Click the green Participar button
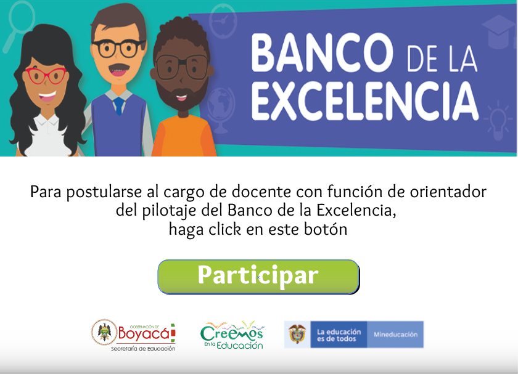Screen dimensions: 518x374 (258, 277)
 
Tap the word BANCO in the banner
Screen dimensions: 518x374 (322, 53)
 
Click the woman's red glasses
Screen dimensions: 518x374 (46, 76)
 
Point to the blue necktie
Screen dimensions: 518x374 (118, 106)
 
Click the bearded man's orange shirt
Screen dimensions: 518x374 (184, 136)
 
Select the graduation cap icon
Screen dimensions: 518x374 (499, 32)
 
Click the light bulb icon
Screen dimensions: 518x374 (497, 121)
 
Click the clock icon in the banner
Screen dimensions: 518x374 (223, 22)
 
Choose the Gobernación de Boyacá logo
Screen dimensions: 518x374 (133, 335)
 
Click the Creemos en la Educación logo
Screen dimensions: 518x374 (232, 335)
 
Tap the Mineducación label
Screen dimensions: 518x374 (395, 335)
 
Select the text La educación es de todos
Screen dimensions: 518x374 (339, 335)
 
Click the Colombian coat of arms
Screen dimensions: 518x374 (297, 334)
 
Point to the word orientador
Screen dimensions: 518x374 (448, 192)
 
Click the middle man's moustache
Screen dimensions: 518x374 (118, 68)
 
